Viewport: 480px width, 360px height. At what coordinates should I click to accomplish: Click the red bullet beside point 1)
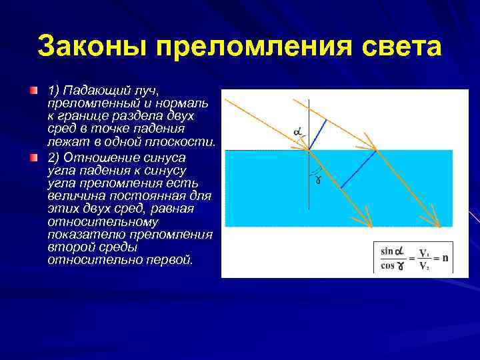(x=34, y=89)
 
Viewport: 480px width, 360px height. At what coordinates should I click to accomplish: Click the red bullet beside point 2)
(x=34, y=159)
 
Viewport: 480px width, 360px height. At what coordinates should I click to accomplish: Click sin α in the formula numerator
(x=392, y=251)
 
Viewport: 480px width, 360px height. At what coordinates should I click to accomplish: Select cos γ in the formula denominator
(x=392, y=264)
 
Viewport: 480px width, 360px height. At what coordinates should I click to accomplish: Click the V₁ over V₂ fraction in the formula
(x=423, y=258)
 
